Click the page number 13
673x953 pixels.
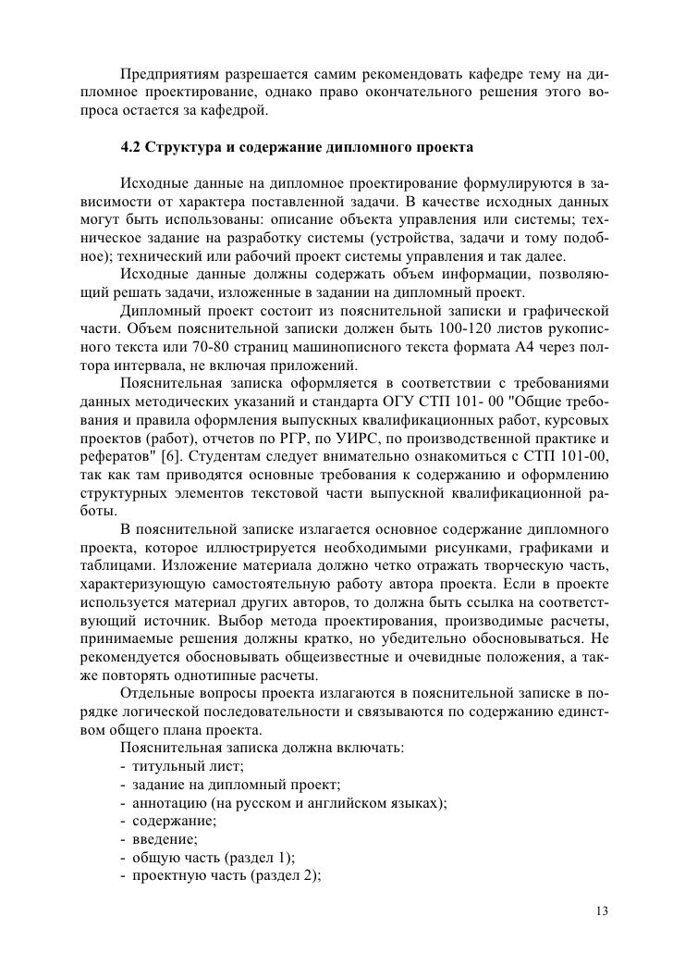tap(602, 910)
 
